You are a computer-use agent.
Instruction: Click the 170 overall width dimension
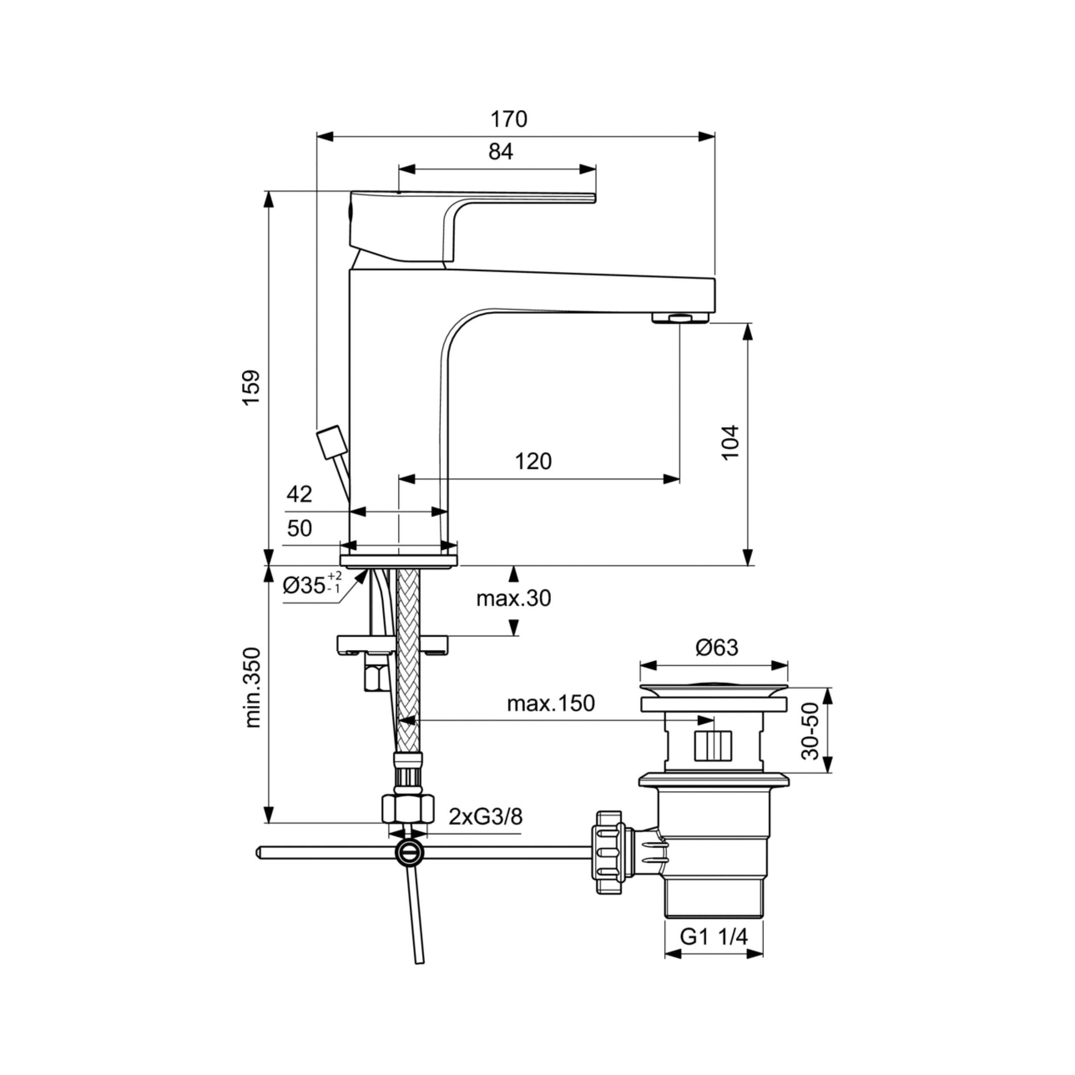tap(509, 120)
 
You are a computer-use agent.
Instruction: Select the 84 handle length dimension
tap(501, 151)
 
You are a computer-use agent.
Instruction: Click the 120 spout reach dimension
tap(533, 461)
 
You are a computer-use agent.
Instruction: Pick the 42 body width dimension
tap(299, 494)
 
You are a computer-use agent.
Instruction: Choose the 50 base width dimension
tap(299, 528)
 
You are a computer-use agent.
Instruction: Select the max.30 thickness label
tap(513, 598)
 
